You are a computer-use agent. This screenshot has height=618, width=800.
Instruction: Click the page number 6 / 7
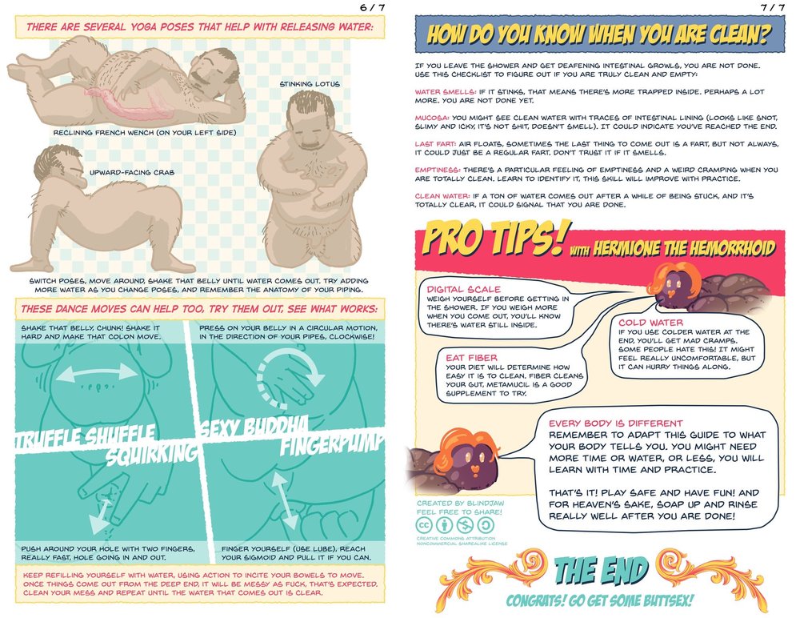(373, 7)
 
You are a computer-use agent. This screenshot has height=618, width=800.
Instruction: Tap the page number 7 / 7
(773, 7)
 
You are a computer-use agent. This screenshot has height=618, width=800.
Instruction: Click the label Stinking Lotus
(309, 84)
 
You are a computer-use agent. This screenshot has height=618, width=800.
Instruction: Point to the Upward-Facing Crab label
(132, 173)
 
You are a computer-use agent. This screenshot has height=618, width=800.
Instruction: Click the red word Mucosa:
(432, 118)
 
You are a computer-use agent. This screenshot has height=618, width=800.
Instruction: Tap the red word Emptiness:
(438, 170)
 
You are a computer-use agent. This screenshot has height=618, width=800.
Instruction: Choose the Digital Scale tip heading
(464, 289)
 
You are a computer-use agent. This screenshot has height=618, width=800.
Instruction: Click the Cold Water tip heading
(650, 323)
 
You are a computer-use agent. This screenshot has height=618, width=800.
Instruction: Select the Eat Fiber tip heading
(471, 358)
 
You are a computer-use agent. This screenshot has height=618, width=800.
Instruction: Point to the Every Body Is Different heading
(615, 423)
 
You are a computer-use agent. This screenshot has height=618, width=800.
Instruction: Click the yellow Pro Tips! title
(494, 238)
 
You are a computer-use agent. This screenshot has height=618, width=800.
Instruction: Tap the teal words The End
(602, 570)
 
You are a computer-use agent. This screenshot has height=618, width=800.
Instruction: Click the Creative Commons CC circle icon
(424, 525)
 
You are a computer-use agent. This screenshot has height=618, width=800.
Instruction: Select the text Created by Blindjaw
(458, 503)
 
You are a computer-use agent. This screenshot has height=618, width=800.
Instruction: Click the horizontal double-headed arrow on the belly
(97, 373)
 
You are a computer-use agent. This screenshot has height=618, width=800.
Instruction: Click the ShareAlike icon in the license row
(486, 525)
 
